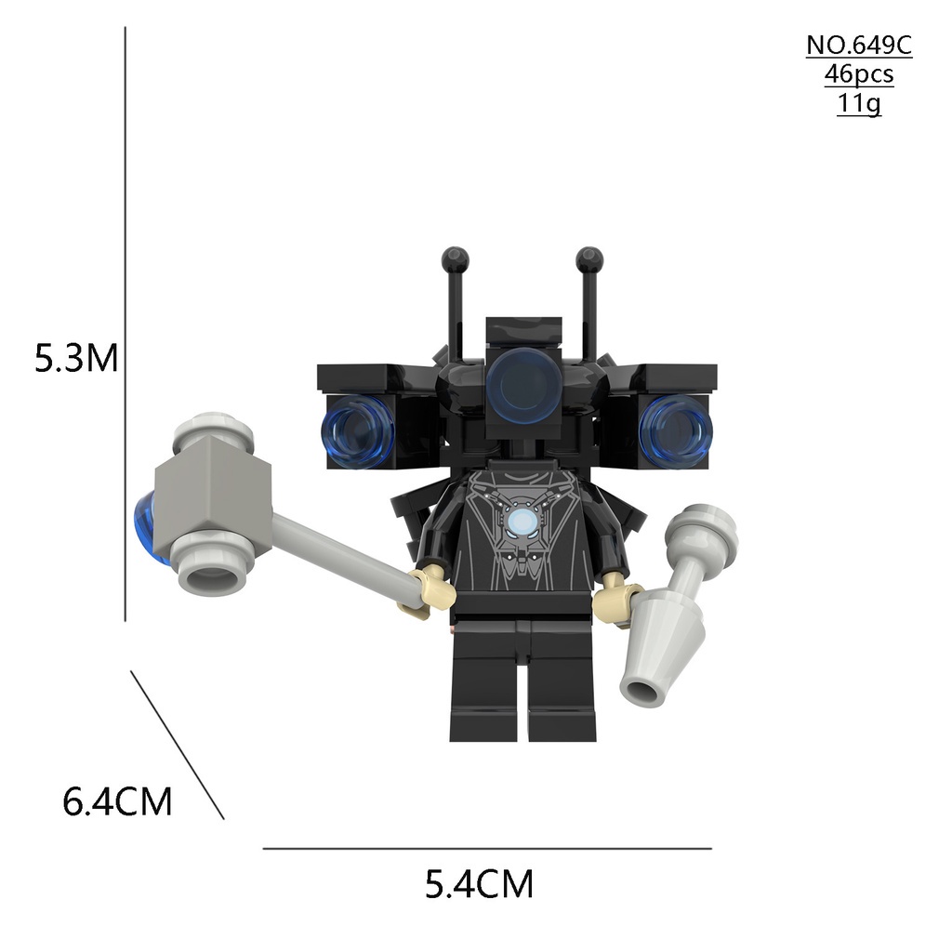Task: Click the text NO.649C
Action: tap(858, 46)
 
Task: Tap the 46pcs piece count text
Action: tap(858, 74)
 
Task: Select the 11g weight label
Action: tap(858, 102)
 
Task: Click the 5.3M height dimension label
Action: tap(76, 358)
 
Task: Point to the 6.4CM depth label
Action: tap(117, 801)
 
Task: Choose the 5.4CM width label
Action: tap(479, 884)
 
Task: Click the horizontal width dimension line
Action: tap(486, 848)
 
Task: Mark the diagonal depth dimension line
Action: tap(177, 745)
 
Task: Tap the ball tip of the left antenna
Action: tap(455, 258)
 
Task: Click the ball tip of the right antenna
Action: tap(588, 258)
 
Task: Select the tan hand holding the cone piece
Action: tap(616, 598)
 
